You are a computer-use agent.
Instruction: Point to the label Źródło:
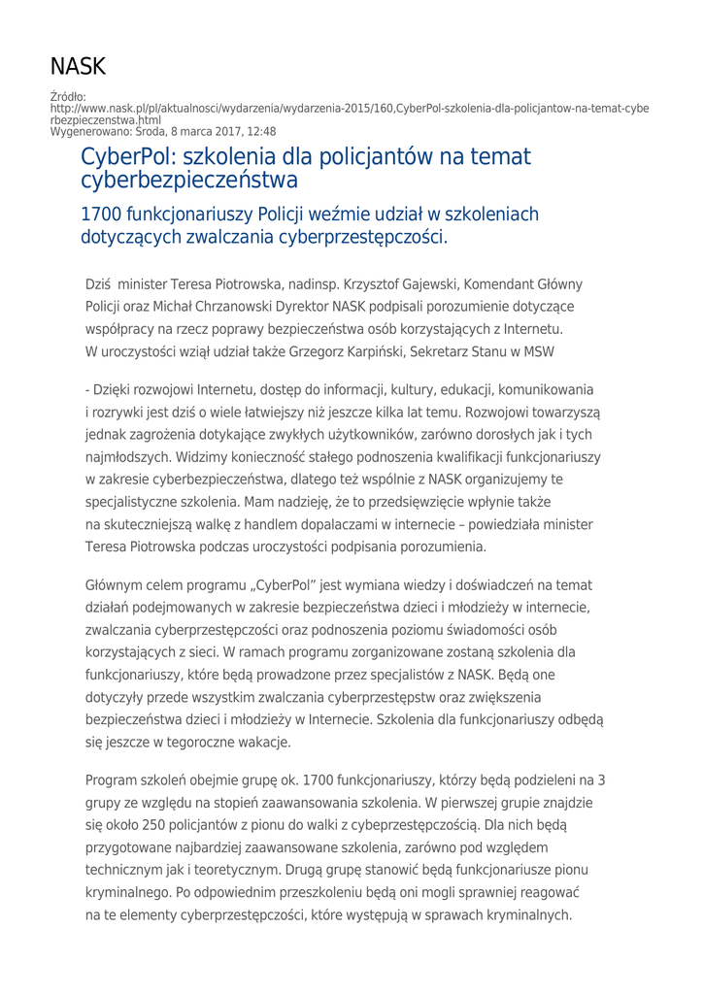click(67, 97)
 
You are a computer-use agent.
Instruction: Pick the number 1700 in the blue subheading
click(104, 213)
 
